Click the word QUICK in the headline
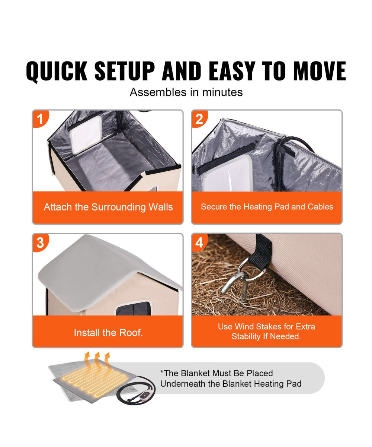coord(57,71)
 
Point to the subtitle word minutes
coord(222,92)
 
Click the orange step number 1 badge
coord(41,119)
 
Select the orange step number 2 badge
coord(199,119)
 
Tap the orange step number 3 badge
coord(41,243)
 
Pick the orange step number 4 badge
coord(199,243)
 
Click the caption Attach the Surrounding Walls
coord(108,207)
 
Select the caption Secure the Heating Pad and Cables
coord(267,207)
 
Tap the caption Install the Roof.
coord(108,333)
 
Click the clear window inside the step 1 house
coord(86,135)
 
